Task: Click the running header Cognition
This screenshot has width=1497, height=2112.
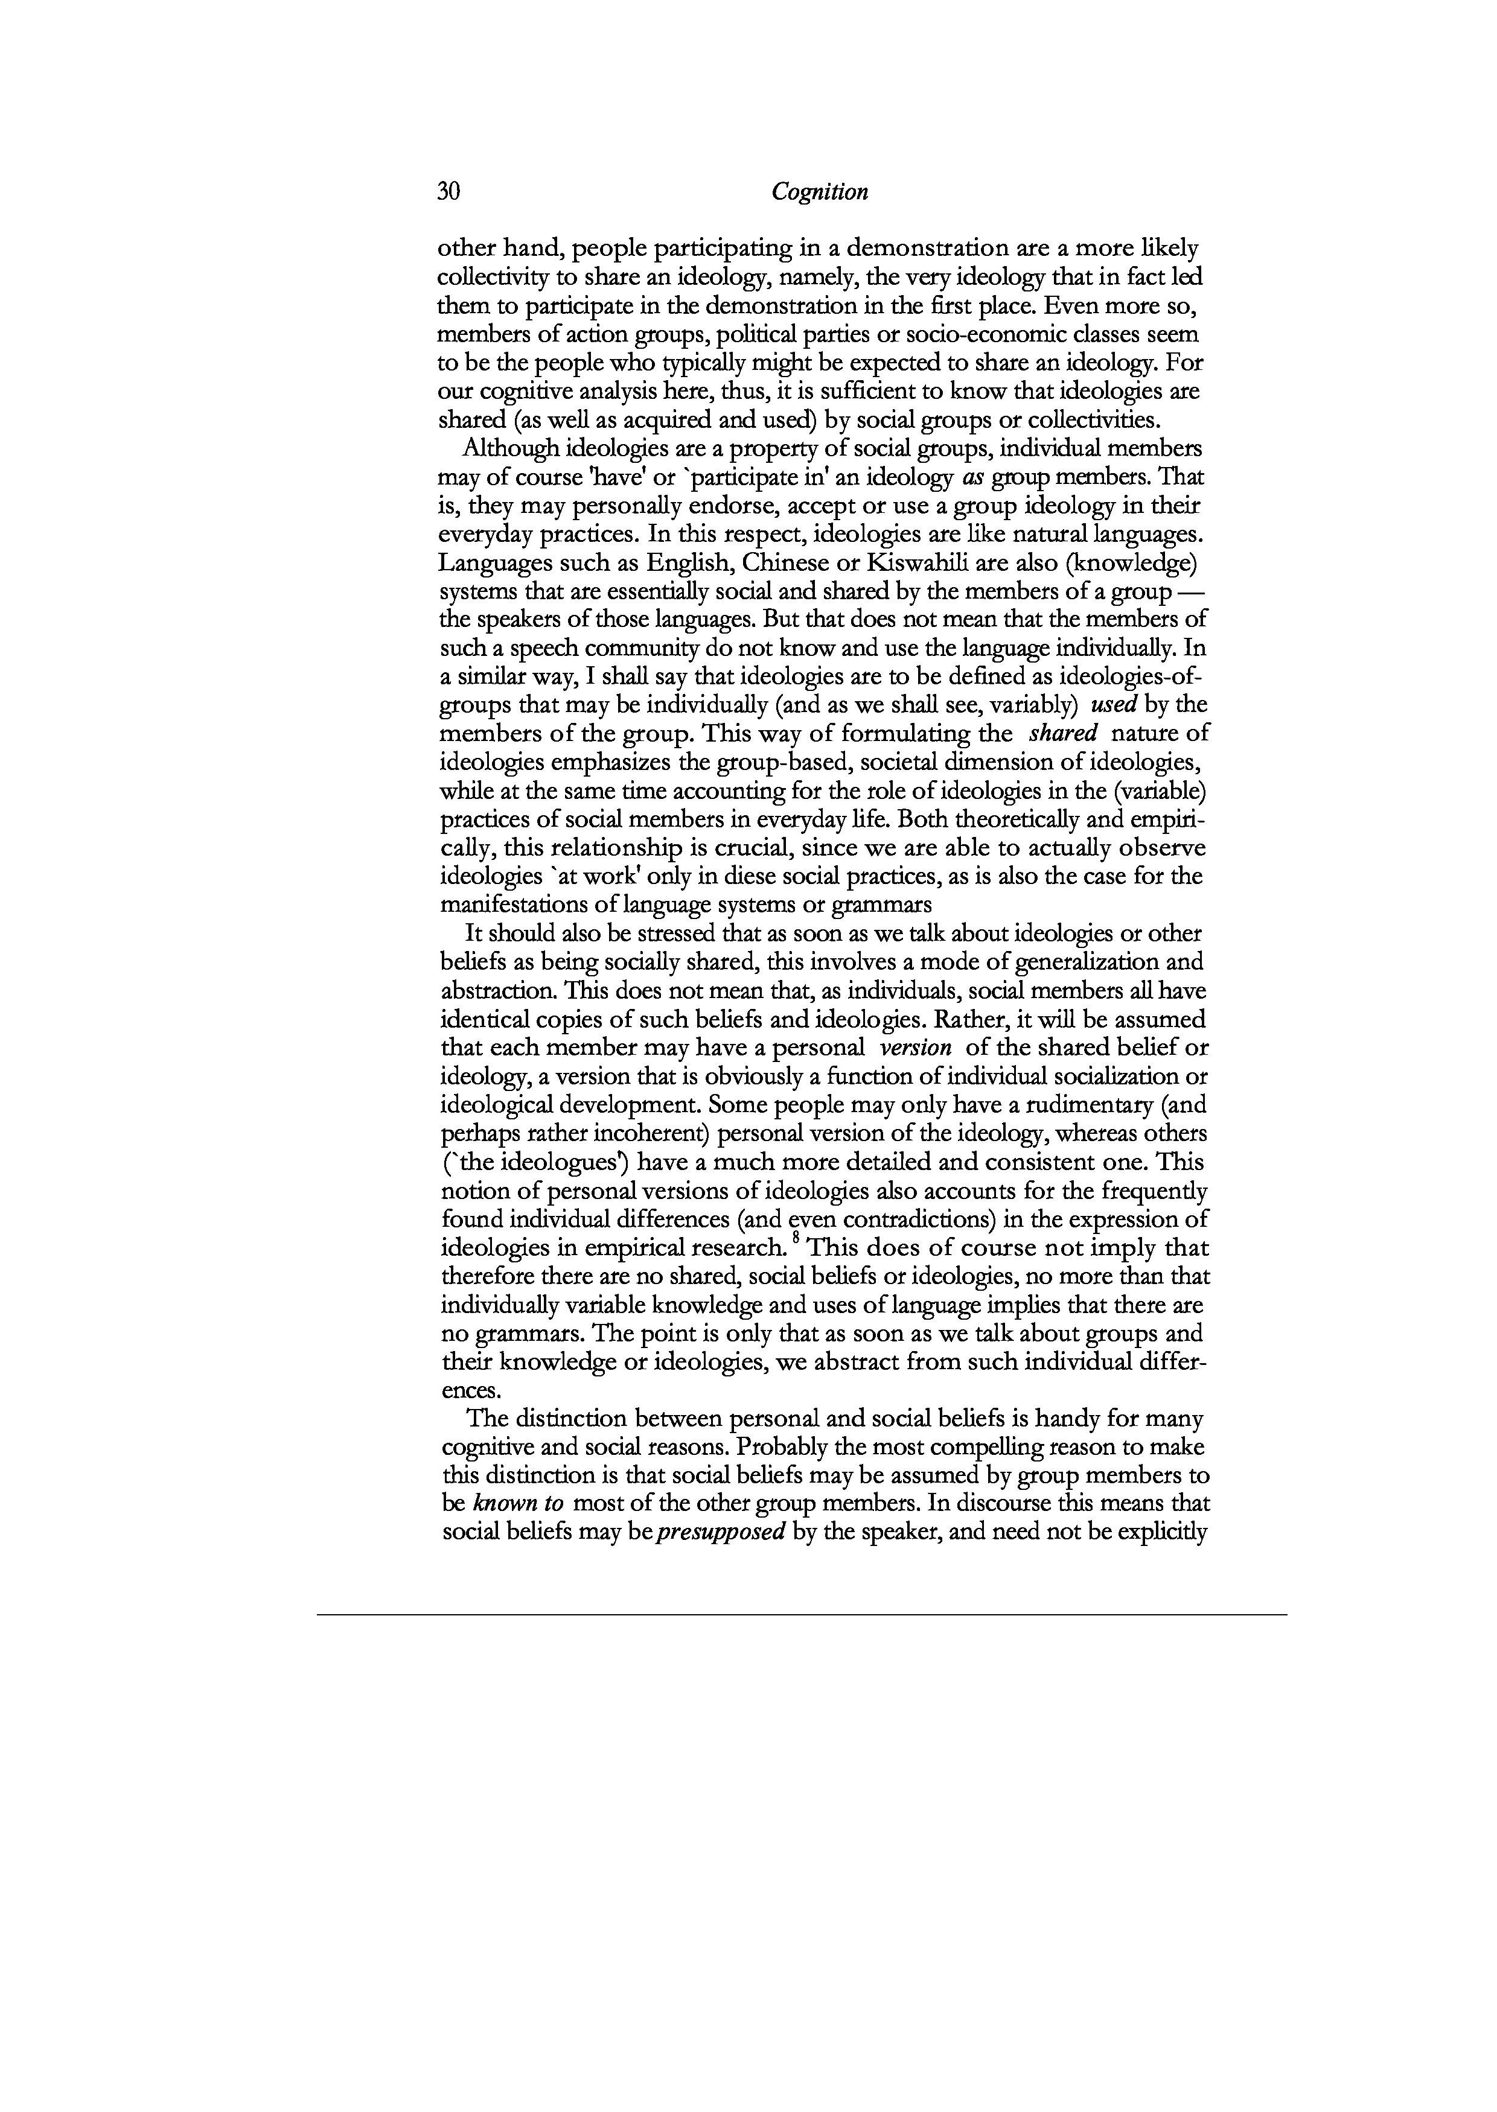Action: point(820,192)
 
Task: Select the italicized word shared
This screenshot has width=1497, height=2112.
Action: point(1062,734)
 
